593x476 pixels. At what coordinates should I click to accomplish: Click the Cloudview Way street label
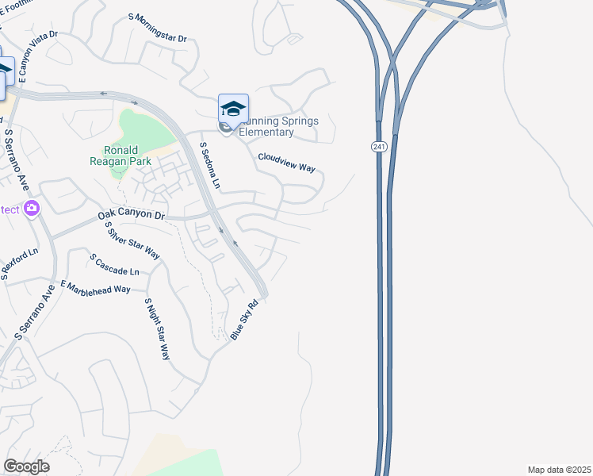[287, 163]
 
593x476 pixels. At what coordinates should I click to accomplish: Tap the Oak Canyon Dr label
[132, 215]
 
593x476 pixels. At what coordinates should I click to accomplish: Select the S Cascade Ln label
[114, 265]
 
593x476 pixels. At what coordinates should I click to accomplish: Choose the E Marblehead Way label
[96, 287]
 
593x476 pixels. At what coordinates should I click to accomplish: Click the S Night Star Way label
[157, 328]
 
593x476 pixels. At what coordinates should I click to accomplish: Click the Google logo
[26, 466]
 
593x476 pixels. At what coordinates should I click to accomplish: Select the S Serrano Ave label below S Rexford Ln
[36, 313]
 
